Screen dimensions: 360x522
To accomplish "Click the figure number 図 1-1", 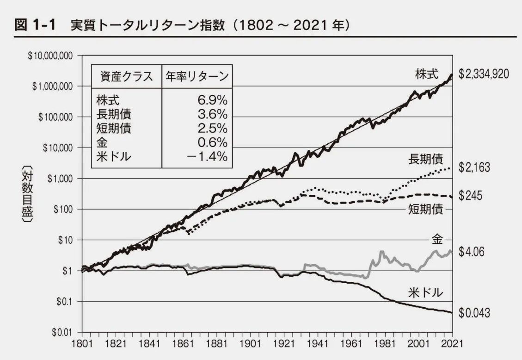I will pyautogui.click(x=35, y=26).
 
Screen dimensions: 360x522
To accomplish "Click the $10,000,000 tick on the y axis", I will pyautogui.click(x=50, y=56).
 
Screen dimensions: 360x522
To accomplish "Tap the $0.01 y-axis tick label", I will pyautogui.click(x=63, y=332).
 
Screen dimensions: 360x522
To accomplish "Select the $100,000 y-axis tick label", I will pyautogui.click(x=56, y=117).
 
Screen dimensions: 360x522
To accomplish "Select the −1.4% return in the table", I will pyautogui.click(x=207, y=156).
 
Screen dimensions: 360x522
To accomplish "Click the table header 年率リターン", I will pyautogui.click(x=197, y=77).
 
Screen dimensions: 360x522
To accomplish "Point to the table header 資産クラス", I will pyautogui.click(x=126, y=77).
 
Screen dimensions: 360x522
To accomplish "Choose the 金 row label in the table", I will pyautogui.click(x=101, y=143).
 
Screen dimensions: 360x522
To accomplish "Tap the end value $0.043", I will pyautogui.click(x=474, y=313).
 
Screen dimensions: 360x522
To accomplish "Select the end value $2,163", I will pyautogui.click(x=474, y=168).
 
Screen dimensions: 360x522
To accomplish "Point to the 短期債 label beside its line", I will pyautogui.click(x=425, y=210).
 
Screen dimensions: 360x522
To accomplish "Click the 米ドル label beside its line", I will pyautogui.click(x=425, y=292).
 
